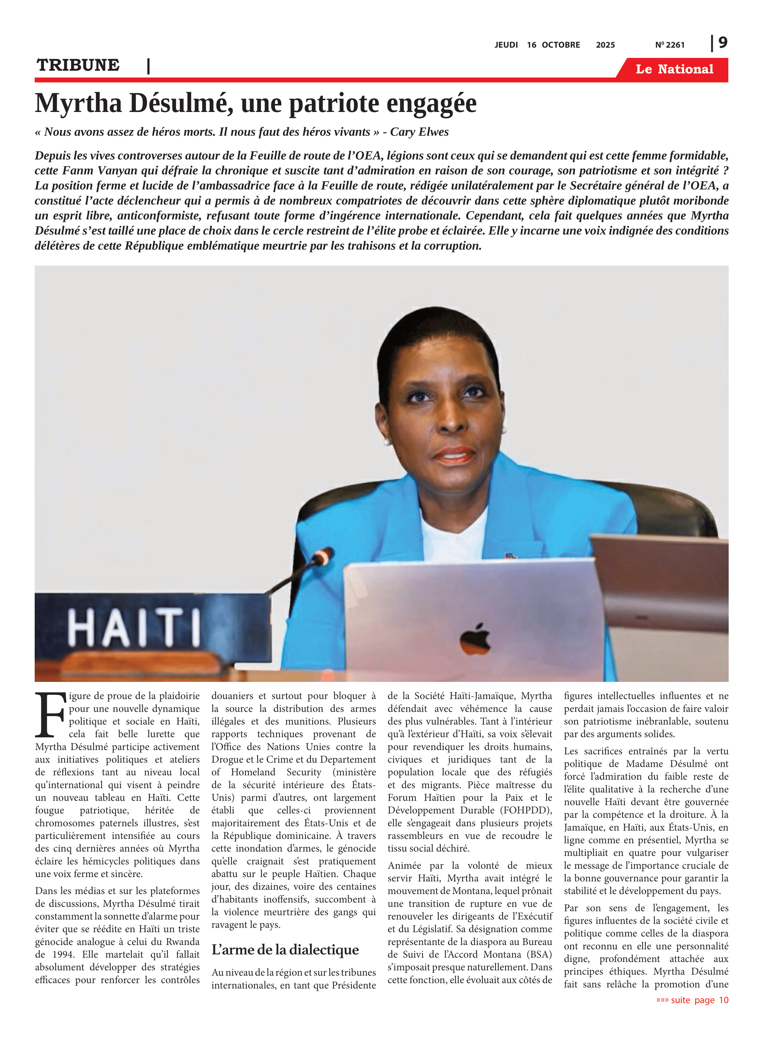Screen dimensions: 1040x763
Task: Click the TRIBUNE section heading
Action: [x=78, y=65]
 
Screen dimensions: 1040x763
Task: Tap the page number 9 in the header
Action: [x=723, y=43]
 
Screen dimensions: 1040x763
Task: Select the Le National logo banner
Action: [x=674, y=69]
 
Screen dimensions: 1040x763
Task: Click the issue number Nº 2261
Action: [x=670, y=45]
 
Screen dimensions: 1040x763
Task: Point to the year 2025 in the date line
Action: [x=605, y=45]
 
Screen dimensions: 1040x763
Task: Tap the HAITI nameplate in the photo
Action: [x=134, y=628]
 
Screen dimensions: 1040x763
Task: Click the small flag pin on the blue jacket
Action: [x=511, y=555]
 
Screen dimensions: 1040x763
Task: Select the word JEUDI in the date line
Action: [x=506, y=45]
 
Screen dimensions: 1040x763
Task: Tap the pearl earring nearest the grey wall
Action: [x=387, y=442]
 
